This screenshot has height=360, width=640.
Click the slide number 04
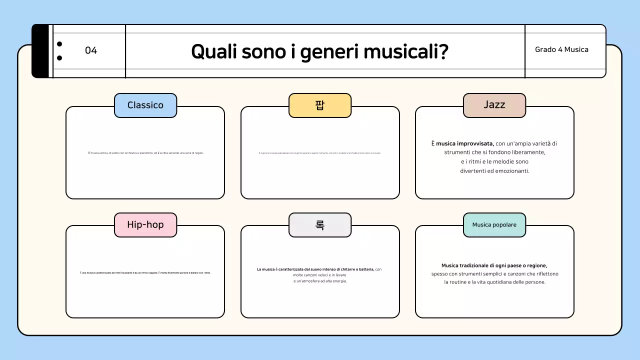click(x=91, y=50)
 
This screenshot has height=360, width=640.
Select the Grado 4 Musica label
click(x=561, y=49)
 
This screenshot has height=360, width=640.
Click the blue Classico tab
click(x=145, y=105)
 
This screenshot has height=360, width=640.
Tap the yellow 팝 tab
click(x=320, y=105)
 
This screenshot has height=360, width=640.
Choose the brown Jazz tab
click(x=494, y=104)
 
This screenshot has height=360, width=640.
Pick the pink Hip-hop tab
click(x=145, y=224)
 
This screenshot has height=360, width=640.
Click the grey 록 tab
click(x=320, y=224)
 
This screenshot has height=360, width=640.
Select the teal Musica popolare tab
click(x=494, y=224)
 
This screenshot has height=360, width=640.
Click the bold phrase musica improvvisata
click(x=464, y=143)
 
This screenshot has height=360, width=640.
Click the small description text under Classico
click(x=145, y=153)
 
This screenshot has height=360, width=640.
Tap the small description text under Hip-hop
click(x=145, y=272)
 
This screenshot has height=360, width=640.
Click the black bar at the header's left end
click(x=40, y=51)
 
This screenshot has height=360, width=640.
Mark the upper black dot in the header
click(x=59, y=44)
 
